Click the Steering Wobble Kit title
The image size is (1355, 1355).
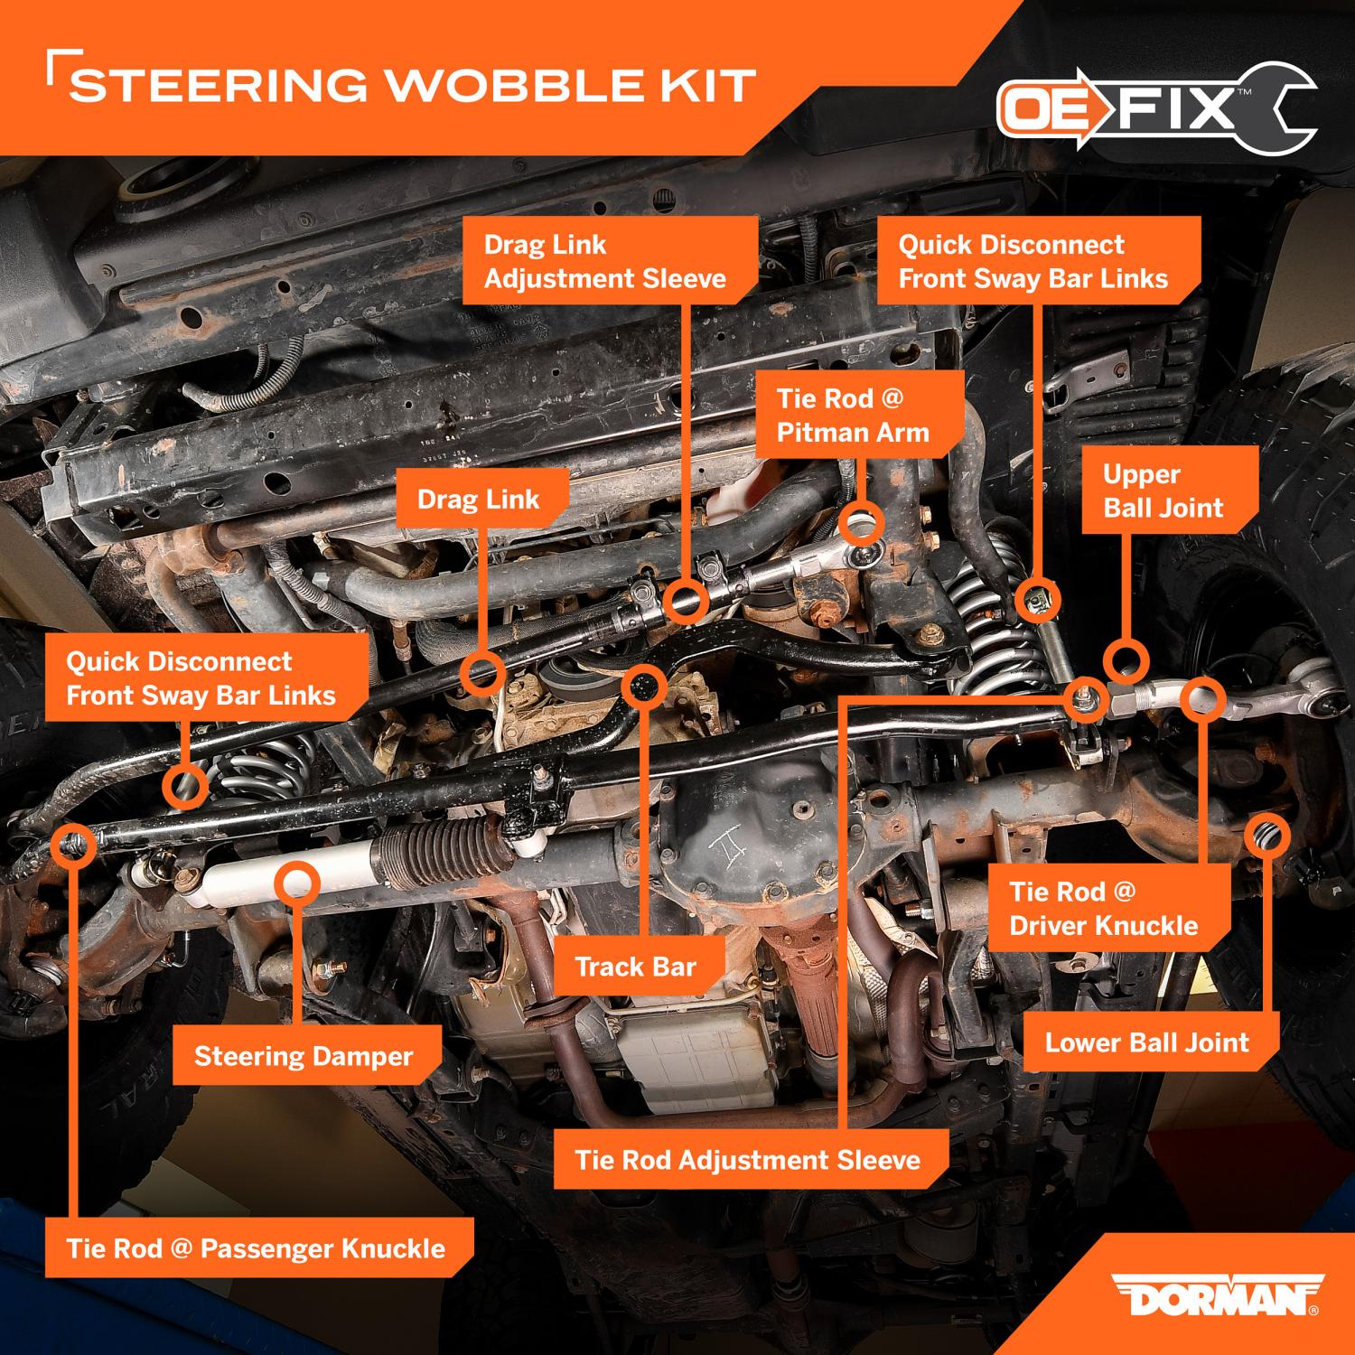(413, 86)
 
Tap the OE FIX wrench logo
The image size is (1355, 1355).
(1156, 109)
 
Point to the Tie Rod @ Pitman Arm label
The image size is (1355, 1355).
(853, 416)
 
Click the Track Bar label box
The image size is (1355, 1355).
(636, 967)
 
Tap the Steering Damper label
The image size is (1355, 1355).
(304, 1056)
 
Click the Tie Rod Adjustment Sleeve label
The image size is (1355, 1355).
(747, 1160)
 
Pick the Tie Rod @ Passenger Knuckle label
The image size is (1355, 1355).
(256, 1248)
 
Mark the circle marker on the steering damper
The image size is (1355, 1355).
(299, 882)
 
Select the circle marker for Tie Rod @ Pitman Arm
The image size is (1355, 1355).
(861, 522)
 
